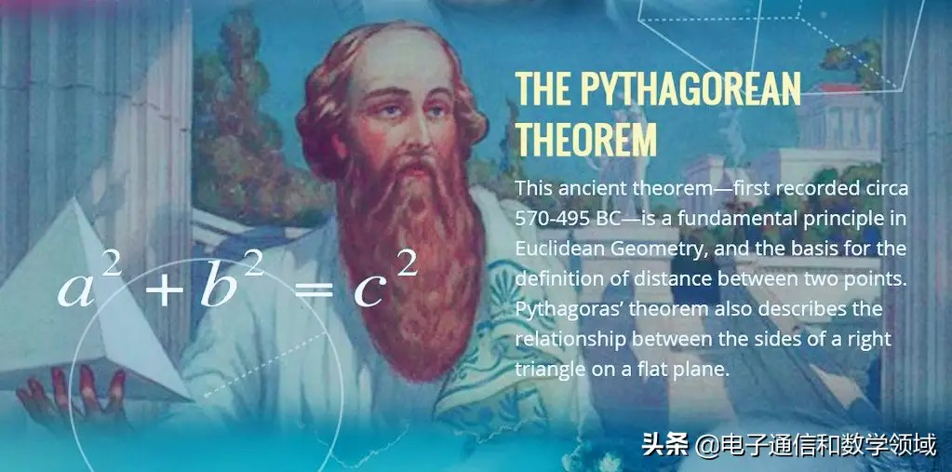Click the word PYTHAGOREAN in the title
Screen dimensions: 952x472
click(x=691, y=88)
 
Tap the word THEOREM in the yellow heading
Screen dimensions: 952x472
click(x=586, y=138)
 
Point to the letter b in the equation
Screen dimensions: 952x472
click(x=218, y=282)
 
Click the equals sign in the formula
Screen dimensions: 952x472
click(x=314, y=290)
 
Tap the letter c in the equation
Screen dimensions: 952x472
click(x=370, y=291)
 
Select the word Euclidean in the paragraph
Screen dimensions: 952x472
click(x=556, y=249)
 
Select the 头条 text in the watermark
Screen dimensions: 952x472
click(x=664, y=446)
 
